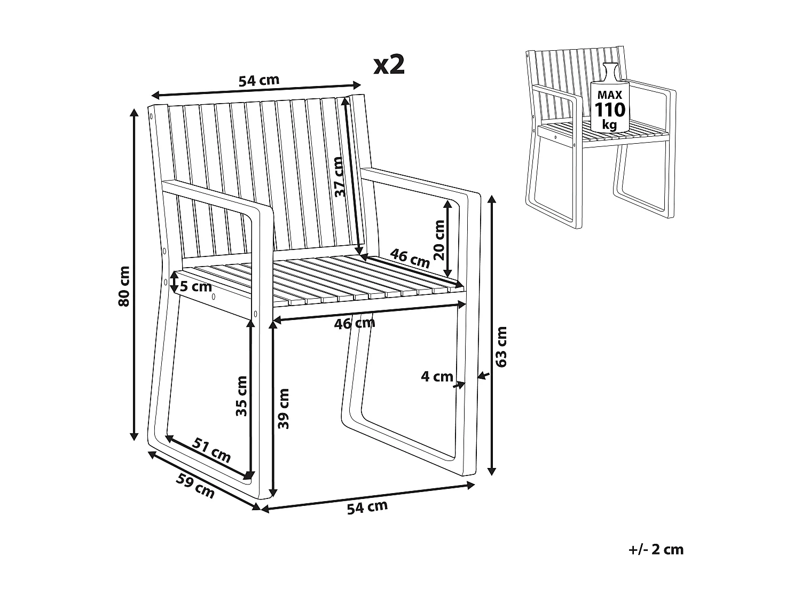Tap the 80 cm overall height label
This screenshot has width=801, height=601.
123,286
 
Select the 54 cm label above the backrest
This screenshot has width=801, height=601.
258,81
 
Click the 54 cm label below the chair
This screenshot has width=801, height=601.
367,507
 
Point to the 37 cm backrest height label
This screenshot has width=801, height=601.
339,177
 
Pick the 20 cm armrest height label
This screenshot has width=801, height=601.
439,239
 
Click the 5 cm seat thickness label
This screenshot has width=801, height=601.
195,287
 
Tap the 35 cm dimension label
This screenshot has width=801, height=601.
242,396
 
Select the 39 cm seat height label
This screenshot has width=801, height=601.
284,409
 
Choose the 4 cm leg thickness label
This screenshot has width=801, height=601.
437,377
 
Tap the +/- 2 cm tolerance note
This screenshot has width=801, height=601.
656,550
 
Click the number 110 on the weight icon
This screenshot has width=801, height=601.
609,110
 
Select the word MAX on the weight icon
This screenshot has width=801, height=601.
609,95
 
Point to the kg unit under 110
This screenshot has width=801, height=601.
609,126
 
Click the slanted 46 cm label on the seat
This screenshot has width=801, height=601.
410,258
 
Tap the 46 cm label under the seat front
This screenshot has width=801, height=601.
355,323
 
